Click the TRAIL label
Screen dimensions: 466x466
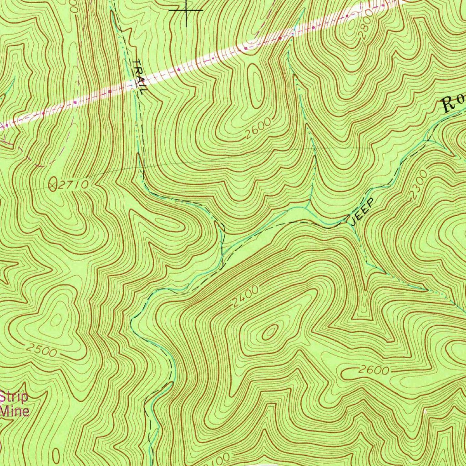pyautogui.click(x=140, y=77)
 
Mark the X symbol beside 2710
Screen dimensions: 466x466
pyautogui.click(x=54, y=184)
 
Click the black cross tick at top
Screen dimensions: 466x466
pyautogui.click(x=186, y=10)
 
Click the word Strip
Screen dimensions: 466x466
pyautogui.click(x=14, y=396)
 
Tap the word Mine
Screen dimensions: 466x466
pyautogui.click(x=15, y=411)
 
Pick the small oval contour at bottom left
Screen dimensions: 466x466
pyautogui.click(x=56, y=455)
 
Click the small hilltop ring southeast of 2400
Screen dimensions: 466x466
pyautogui.click(x=269, y=333)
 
